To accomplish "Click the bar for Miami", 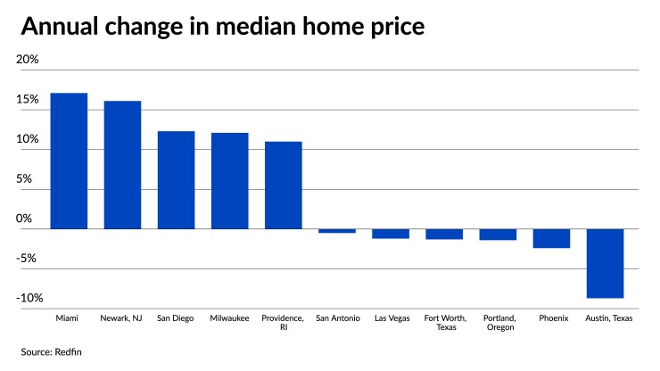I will point(69,161).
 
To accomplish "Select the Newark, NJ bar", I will point(122,165).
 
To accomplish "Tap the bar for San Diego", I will point(176,179).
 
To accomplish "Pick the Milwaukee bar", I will point(229,180).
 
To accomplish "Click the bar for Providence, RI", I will point(283,185).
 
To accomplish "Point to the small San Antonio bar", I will point(337,231).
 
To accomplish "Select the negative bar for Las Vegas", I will point(391,234).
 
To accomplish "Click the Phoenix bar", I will point(551,238).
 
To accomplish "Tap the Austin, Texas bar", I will point(605,263).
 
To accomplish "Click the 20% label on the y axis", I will point(28,60).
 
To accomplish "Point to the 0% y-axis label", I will point(24,218).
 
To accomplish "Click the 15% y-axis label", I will point(28,100).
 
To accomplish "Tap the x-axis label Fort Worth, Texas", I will point(443,322).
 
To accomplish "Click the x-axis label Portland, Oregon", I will point(498,322).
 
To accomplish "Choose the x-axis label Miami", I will point(69,317).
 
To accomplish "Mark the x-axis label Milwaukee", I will point(229,317).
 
